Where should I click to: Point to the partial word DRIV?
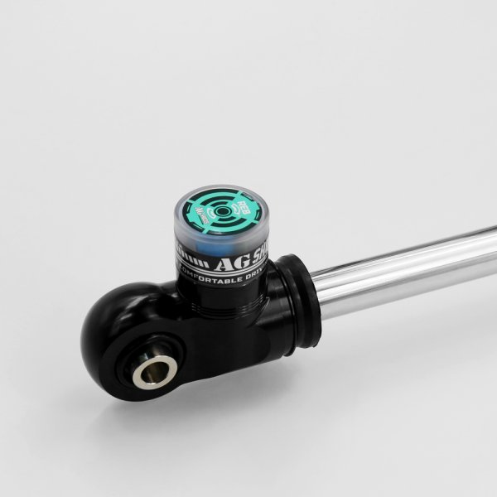coord(253,274)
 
